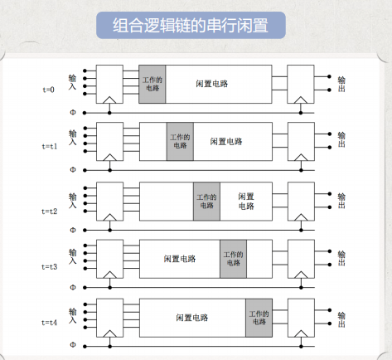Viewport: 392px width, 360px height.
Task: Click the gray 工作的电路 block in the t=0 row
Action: [152, 84]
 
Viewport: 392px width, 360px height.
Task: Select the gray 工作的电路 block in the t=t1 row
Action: [180, 142]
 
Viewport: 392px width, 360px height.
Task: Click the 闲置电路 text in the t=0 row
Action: [212, 84]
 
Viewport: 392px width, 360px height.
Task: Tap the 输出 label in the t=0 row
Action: [341, 84]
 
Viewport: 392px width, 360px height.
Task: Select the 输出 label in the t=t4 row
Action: [341, 319]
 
